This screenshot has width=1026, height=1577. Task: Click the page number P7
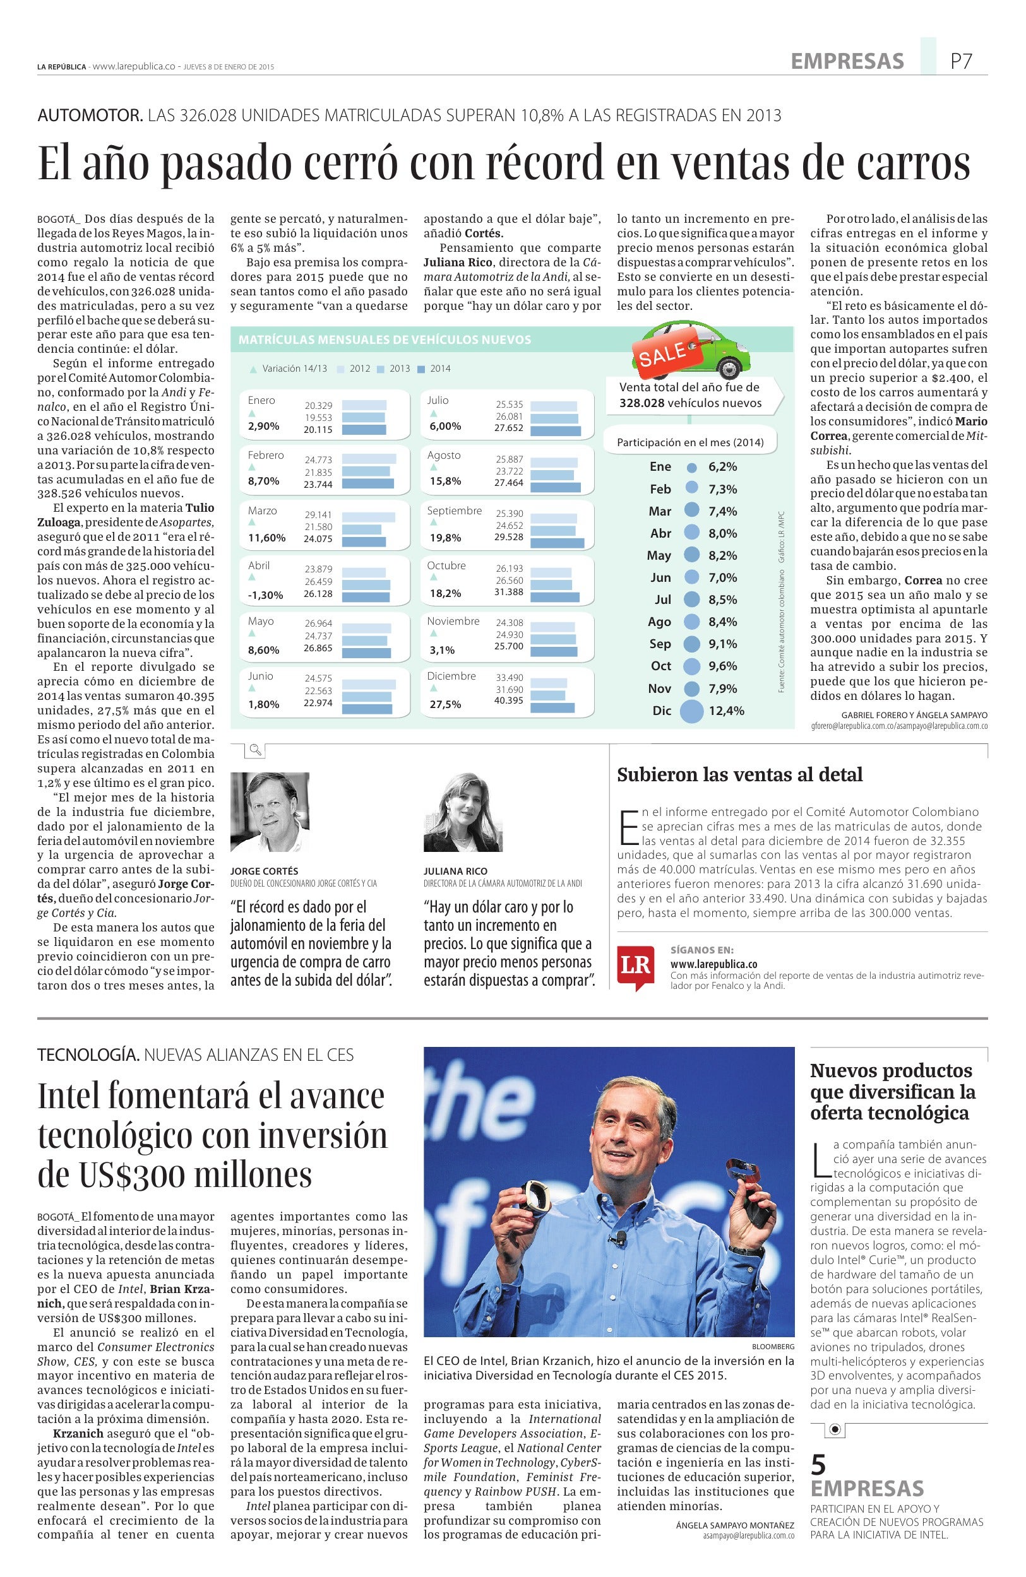click(960, 62)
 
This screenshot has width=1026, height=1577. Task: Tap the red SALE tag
click(662, 353)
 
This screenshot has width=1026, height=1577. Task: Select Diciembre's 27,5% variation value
click(445, 704)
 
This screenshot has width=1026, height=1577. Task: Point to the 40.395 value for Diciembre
click(509, 700)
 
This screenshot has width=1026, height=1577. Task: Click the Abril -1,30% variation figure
click(265, 595)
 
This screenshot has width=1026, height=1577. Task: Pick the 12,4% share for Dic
click(727, 711)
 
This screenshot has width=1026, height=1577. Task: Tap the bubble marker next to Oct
click(691, 666)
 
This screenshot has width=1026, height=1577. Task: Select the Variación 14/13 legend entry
click(289, 369)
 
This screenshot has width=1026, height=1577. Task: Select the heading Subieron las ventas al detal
click(740, 774)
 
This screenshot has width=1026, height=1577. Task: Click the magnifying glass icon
click(255, 750)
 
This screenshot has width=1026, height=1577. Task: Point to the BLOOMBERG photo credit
click(773, 1347)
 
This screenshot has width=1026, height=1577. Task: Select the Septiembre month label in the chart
click(454, 511)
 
